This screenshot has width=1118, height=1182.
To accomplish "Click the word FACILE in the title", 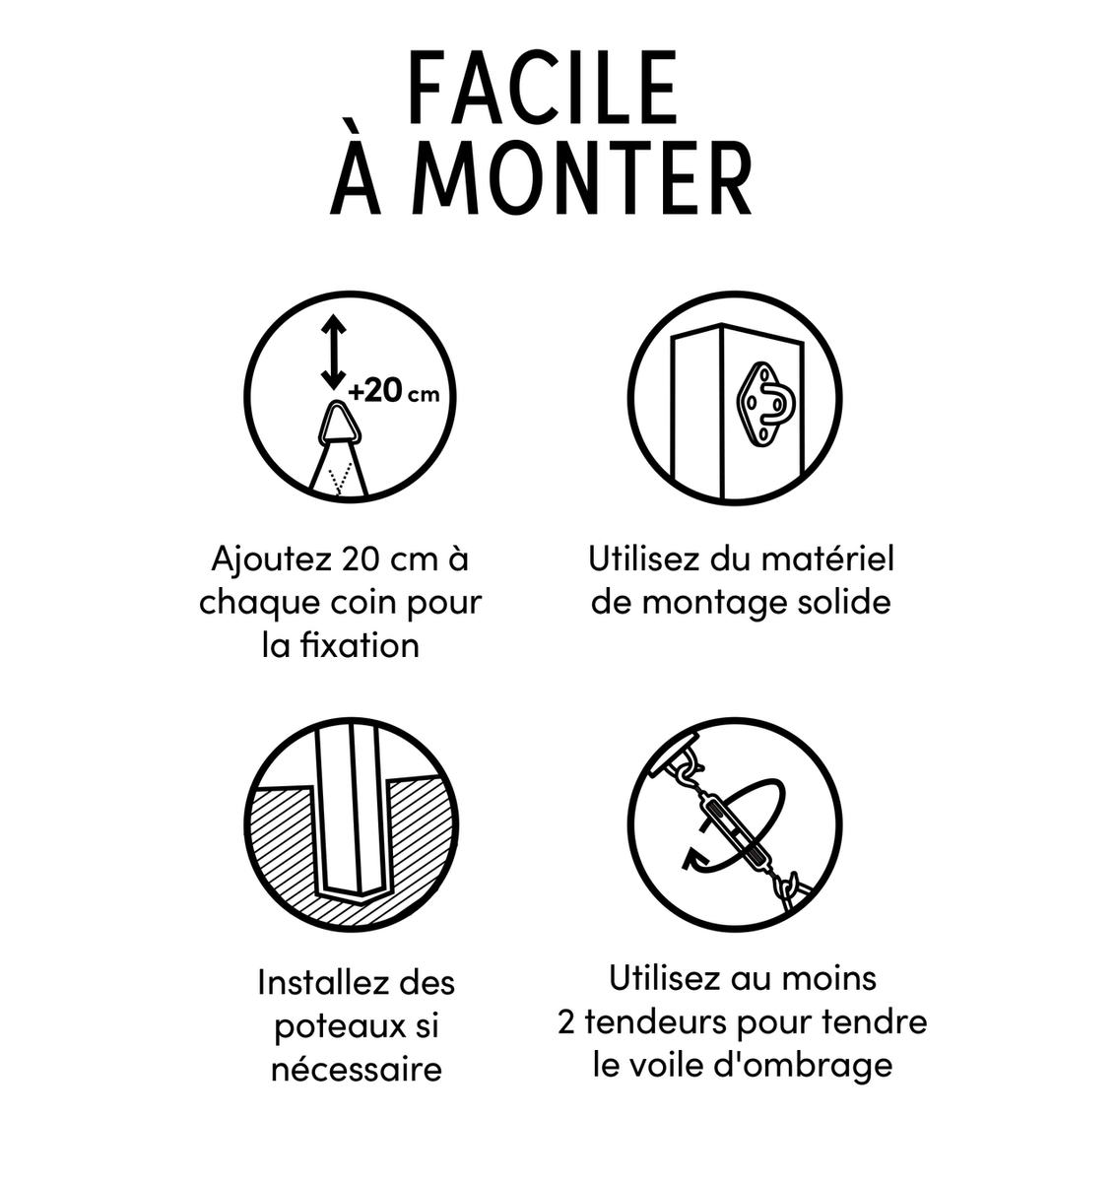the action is click(543, 88).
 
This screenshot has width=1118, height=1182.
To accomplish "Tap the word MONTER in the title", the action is click(583, 178).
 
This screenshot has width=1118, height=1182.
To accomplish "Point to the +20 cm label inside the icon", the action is click(393, 392).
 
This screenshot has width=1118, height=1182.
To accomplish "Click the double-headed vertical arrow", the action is click(333, 353).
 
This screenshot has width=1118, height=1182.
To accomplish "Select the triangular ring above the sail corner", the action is click(339, 424).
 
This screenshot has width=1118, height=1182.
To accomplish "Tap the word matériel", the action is click(827, 559).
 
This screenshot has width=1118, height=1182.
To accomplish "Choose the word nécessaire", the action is click(356, 1070).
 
